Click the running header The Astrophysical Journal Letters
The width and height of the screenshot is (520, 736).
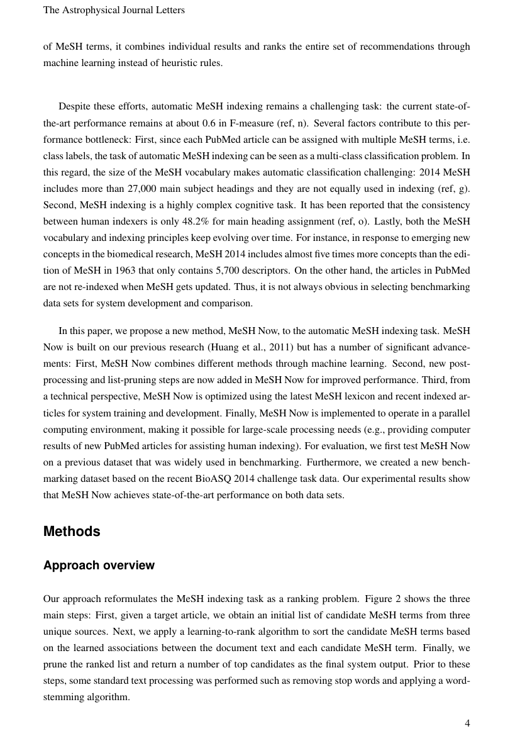(114, 10)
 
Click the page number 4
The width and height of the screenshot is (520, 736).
(467, 723)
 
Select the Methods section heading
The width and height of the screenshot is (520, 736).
(72, 532)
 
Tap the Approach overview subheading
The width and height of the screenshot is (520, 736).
(99, 566)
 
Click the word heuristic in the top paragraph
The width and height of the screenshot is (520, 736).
(171, 63)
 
